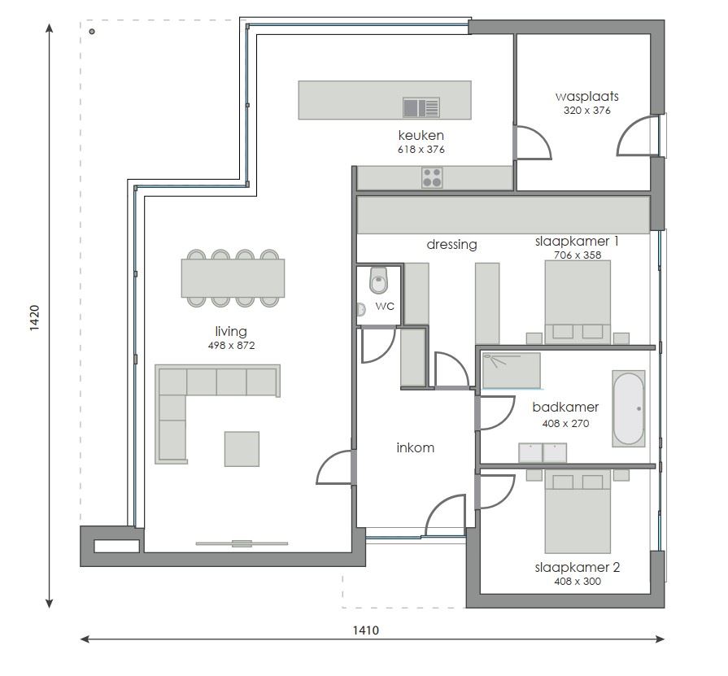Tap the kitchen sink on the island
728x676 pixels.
[x=421, y=107]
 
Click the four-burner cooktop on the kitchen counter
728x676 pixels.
[x=432, y=177]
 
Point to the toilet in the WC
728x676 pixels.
[x=379, y=281]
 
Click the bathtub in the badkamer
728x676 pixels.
[x=628, y=408]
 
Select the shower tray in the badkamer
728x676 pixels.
[x=511, y=371]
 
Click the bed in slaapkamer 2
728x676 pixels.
[x=577, y=511]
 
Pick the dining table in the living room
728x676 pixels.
[x=233, y=278]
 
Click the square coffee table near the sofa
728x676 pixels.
[x=242, y=449]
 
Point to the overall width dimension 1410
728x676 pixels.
[x=366, y=630]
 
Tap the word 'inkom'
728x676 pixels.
[x=415, y=447]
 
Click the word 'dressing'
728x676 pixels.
[x=451, y=244]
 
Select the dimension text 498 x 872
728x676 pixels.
[x=231, y=346]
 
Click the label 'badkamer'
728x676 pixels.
[x=565, y=408]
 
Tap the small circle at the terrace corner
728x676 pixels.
[x=93, y=32]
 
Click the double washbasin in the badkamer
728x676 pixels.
[x=543, y=451]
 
